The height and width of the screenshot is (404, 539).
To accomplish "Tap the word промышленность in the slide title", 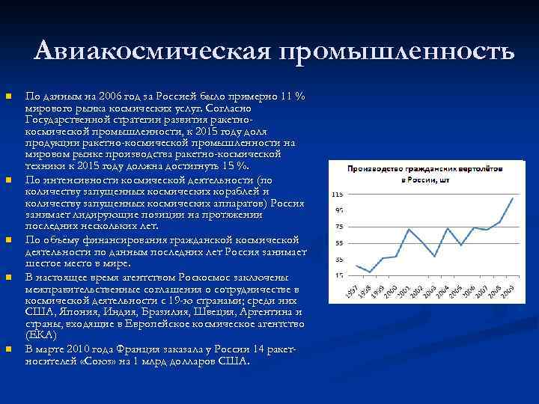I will tap(396, 52).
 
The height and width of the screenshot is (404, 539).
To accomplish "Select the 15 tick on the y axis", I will tap(338, 276).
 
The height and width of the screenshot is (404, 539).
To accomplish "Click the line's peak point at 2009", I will tap(512, 198).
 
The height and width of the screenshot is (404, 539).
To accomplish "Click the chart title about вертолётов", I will tap(424, 174).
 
